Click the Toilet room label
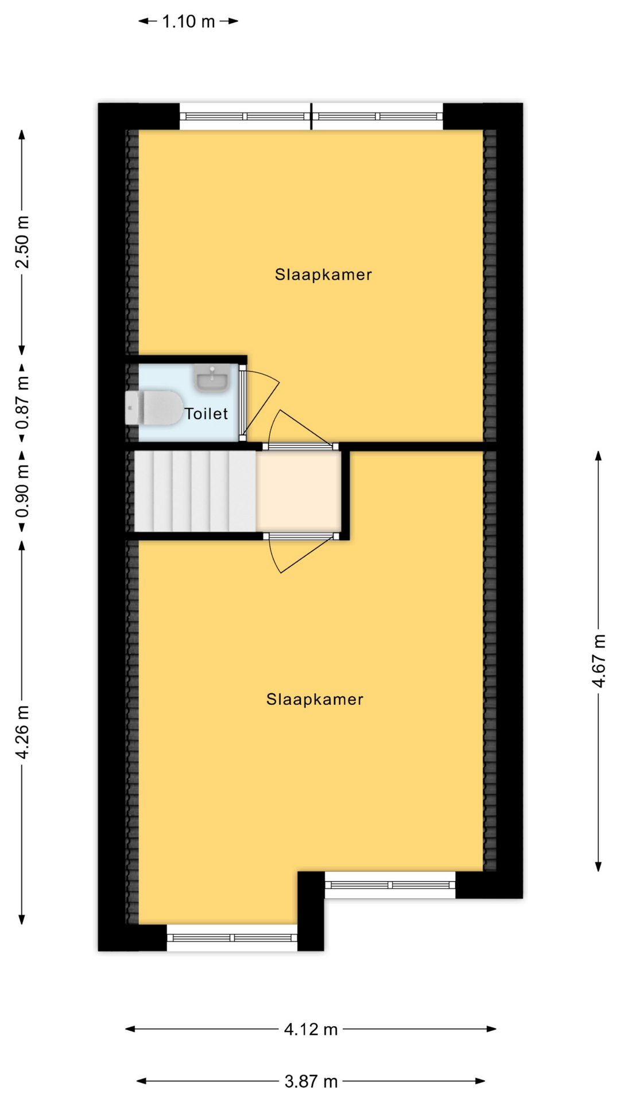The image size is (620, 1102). pos(206,413)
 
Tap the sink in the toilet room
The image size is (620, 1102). pos(212,378)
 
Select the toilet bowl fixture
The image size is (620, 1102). pos(154,408)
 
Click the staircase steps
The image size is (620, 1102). pos(195,492)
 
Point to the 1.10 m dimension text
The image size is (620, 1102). pos(188,22)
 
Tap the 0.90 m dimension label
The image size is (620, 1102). pos(22,491)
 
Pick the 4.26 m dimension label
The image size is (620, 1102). pos(22,732)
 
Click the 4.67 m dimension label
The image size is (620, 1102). pos(599,661)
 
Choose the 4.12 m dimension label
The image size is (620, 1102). pos(311,1029)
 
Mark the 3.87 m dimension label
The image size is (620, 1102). pos(311,1081)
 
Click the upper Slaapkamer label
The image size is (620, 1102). pos(323,274)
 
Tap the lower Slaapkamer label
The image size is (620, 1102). pos(315,699)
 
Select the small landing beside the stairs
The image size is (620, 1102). pos(299,491)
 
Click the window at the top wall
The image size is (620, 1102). pos(311,117)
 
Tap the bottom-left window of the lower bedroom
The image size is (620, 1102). pos(232,938)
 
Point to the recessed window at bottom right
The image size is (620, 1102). pos(390,885)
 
